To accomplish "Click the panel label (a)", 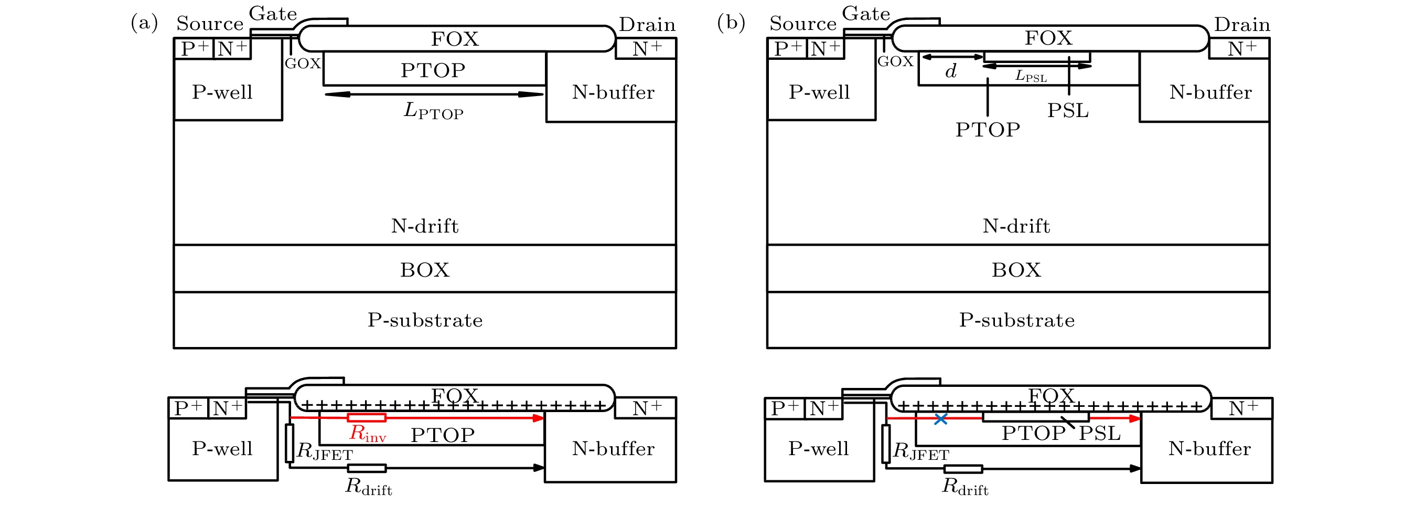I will (144, 23).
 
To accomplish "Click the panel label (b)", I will (731, 23).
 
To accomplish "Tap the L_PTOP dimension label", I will (433, 111).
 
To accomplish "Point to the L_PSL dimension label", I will (1031, 76).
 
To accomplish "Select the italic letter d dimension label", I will (951, 71).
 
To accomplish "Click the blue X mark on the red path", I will (941, 419).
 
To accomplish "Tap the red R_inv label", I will (367, 434).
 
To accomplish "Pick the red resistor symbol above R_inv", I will (367, 418).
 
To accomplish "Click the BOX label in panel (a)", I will (425, 270).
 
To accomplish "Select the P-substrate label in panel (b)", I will (1017, 320).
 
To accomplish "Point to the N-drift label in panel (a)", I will (425, 226).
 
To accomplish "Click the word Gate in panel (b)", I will (865, 14).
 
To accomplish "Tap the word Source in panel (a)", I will (210, 24).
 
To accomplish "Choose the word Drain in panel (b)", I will (1241, 25).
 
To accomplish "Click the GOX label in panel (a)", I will (303, 64).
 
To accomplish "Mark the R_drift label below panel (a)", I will (369, 487).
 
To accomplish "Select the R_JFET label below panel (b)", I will (921, 452).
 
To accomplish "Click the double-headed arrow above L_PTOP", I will (434, 94).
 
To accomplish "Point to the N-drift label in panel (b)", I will (1016, 226).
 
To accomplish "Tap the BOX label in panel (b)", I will (1016, 270).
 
